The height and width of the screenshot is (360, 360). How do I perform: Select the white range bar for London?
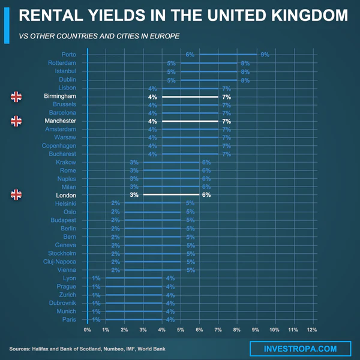tap(171, 195)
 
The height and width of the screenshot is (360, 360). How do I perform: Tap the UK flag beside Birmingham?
tap(16, 96)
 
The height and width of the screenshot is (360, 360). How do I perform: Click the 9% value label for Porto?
tap(265, 55)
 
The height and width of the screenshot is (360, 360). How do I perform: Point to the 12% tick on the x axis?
tap(311, 331)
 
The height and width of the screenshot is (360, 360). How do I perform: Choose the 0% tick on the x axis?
tap(88, 331)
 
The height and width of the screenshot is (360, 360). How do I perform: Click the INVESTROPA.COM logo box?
tap(300, 349)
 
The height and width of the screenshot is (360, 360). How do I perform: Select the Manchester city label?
tap(60, 121)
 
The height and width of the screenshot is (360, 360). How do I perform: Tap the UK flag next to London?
tap(16, 194)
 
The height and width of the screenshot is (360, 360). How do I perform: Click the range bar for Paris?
tap(134, 320)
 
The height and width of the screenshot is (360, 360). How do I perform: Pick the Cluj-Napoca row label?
tap(59, 262)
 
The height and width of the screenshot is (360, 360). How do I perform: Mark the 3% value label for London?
tap(134, 195)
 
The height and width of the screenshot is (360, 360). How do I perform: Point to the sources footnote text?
tap(87, 349)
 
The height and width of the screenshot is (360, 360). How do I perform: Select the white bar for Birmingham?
tap(190, 97)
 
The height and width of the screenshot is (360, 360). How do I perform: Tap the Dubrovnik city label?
tap(61, 303)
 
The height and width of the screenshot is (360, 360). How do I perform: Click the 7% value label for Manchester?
tap(226, 121)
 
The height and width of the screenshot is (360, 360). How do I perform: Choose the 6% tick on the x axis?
tap(199, 331)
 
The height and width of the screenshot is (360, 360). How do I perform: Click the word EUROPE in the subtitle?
tap(165, 36)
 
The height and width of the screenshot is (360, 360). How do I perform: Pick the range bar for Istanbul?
tap(208, 71)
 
